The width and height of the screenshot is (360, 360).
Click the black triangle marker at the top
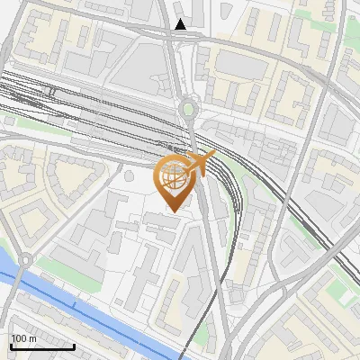182,24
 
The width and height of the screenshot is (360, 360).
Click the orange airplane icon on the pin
196,164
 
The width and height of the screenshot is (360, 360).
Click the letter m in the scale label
32,338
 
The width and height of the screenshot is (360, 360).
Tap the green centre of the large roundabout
187,110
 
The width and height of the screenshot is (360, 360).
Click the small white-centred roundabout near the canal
25,260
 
